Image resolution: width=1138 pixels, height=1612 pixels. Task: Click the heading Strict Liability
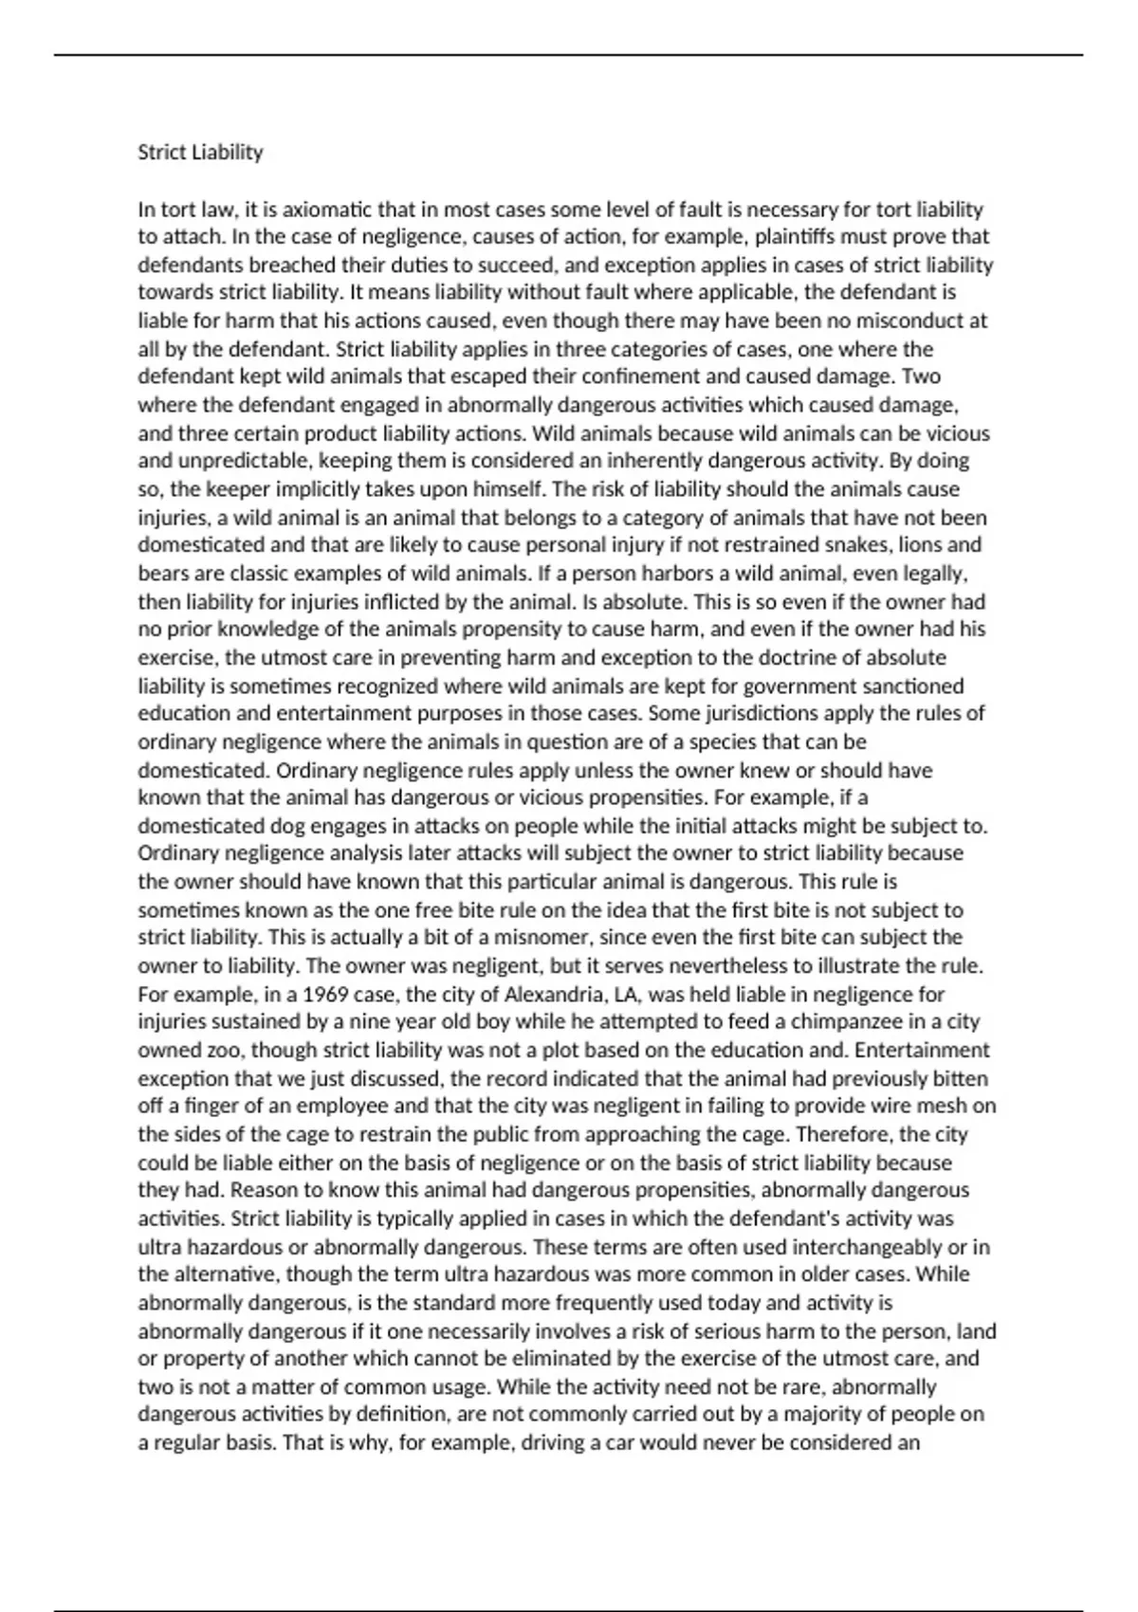(200, 152)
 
